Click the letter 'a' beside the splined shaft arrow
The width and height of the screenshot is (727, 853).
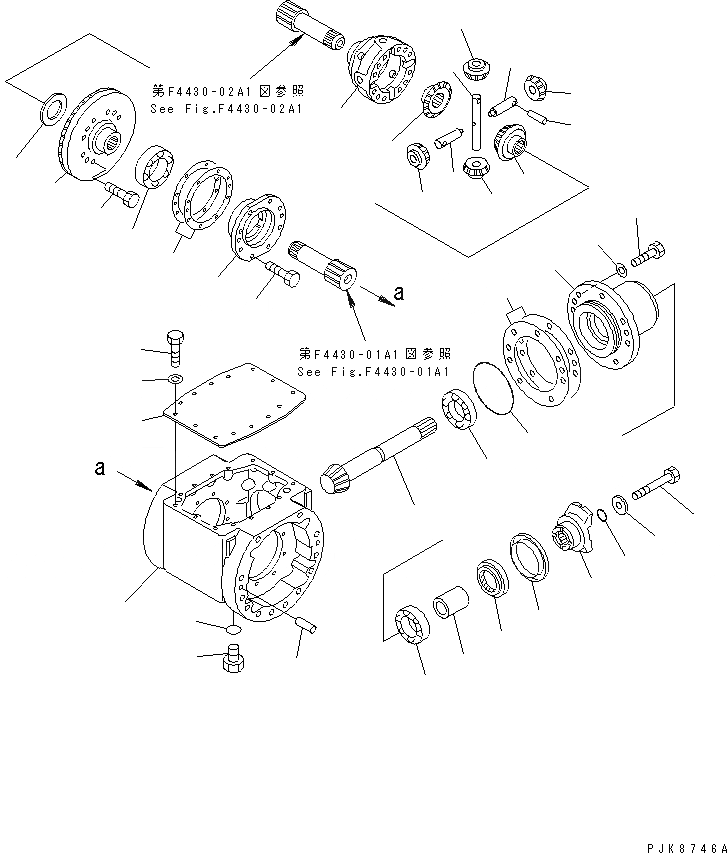click(399, 293)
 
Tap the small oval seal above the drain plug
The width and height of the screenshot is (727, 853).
click(233, 630)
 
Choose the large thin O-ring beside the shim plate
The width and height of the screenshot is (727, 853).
click(489, 385)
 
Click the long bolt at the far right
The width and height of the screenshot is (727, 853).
click(656, 489)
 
